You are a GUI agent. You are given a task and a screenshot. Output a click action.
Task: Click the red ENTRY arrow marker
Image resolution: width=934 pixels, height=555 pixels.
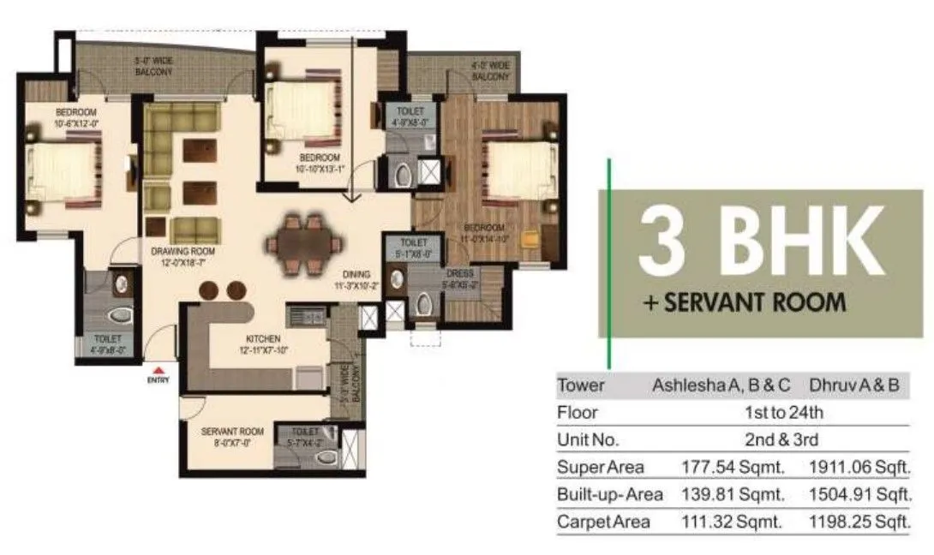coord(157,369)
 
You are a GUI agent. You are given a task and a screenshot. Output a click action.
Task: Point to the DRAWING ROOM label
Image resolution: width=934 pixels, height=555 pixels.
coord(182,257)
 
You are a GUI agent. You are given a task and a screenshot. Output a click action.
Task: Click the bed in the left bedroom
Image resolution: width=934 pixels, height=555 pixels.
coord(61,172)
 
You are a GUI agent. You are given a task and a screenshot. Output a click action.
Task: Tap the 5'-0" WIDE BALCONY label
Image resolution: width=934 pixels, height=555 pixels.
coord(153,67)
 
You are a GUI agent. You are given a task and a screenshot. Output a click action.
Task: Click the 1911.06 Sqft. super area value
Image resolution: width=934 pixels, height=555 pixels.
coord(859,468)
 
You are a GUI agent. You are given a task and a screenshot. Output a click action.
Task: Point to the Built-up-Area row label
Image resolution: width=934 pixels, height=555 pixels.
coord(609,495)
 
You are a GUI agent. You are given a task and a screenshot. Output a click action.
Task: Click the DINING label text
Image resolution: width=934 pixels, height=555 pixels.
coord(351,277)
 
